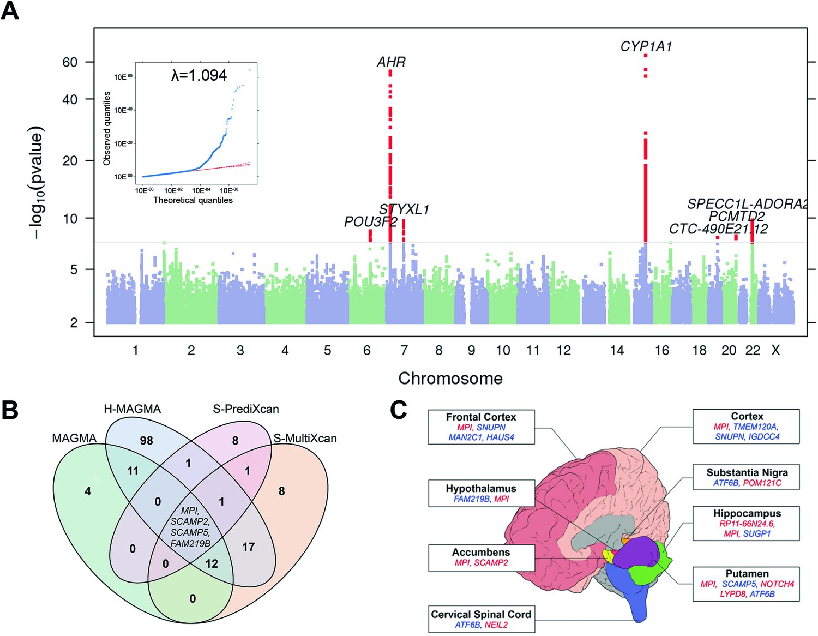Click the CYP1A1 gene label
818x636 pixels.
646,47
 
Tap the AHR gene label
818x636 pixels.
391,62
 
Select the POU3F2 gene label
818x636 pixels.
370,222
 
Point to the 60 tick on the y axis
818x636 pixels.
70,62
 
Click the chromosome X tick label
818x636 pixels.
775,351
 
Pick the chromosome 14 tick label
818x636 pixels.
617,351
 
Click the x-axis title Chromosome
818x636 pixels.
450,378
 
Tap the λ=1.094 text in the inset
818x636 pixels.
199,75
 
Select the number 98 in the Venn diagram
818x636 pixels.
146,441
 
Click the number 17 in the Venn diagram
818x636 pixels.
248,547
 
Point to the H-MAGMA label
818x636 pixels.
132,409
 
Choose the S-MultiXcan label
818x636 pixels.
305,439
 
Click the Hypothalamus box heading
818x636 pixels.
480,489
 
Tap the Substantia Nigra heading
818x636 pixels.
747,472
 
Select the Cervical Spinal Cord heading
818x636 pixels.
480,614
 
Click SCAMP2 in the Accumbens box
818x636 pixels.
491,562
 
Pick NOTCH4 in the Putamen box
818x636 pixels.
777,584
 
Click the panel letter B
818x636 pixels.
10,410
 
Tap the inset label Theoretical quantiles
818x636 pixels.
193,200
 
